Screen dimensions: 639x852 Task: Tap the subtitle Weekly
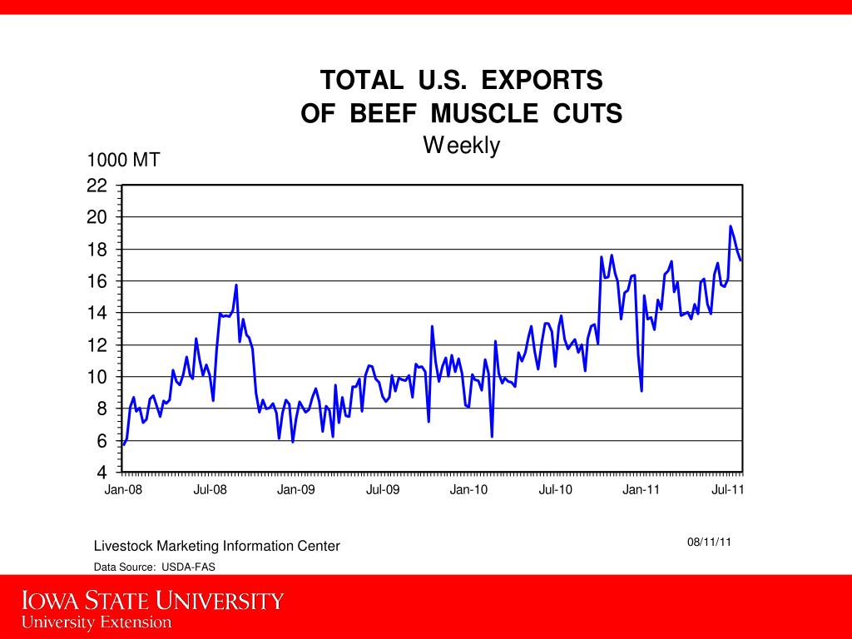[x=461, y=146]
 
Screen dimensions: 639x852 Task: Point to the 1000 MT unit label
[x=124, y=160]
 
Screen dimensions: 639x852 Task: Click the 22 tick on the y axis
[x=97, y=186]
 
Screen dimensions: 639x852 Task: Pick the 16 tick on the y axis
[x=97, y=281]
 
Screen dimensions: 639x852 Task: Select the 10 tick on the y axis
[x=97, y=377]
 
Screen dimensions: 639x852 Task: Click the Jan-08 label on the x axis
[x=123, y=489]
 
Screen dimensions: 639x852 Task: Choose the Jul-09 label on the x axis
[x=383, y=489]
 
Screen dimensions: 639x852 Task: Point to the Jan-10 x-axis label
[x=468, y=489]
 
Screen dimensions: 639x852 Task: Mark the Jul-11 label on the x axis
[x=728, y=489]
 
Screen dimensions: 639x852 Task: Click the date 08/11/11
[x=709, y=542]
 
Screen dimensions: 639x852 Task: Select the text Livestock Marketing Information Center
[x=216, y=546]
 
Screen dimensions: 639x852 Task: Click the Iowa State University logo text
[x=152, y=601]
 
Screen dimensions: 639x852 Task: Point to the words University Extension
[x=97, y=622]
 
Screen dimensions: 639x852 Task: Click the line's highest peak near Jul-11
[x=731, y=226]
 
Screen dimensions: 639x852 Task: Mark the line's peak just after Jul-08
[x=236, y=285]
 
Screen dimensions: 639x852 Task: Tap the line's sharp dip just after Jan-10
[x=492, y=436]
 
